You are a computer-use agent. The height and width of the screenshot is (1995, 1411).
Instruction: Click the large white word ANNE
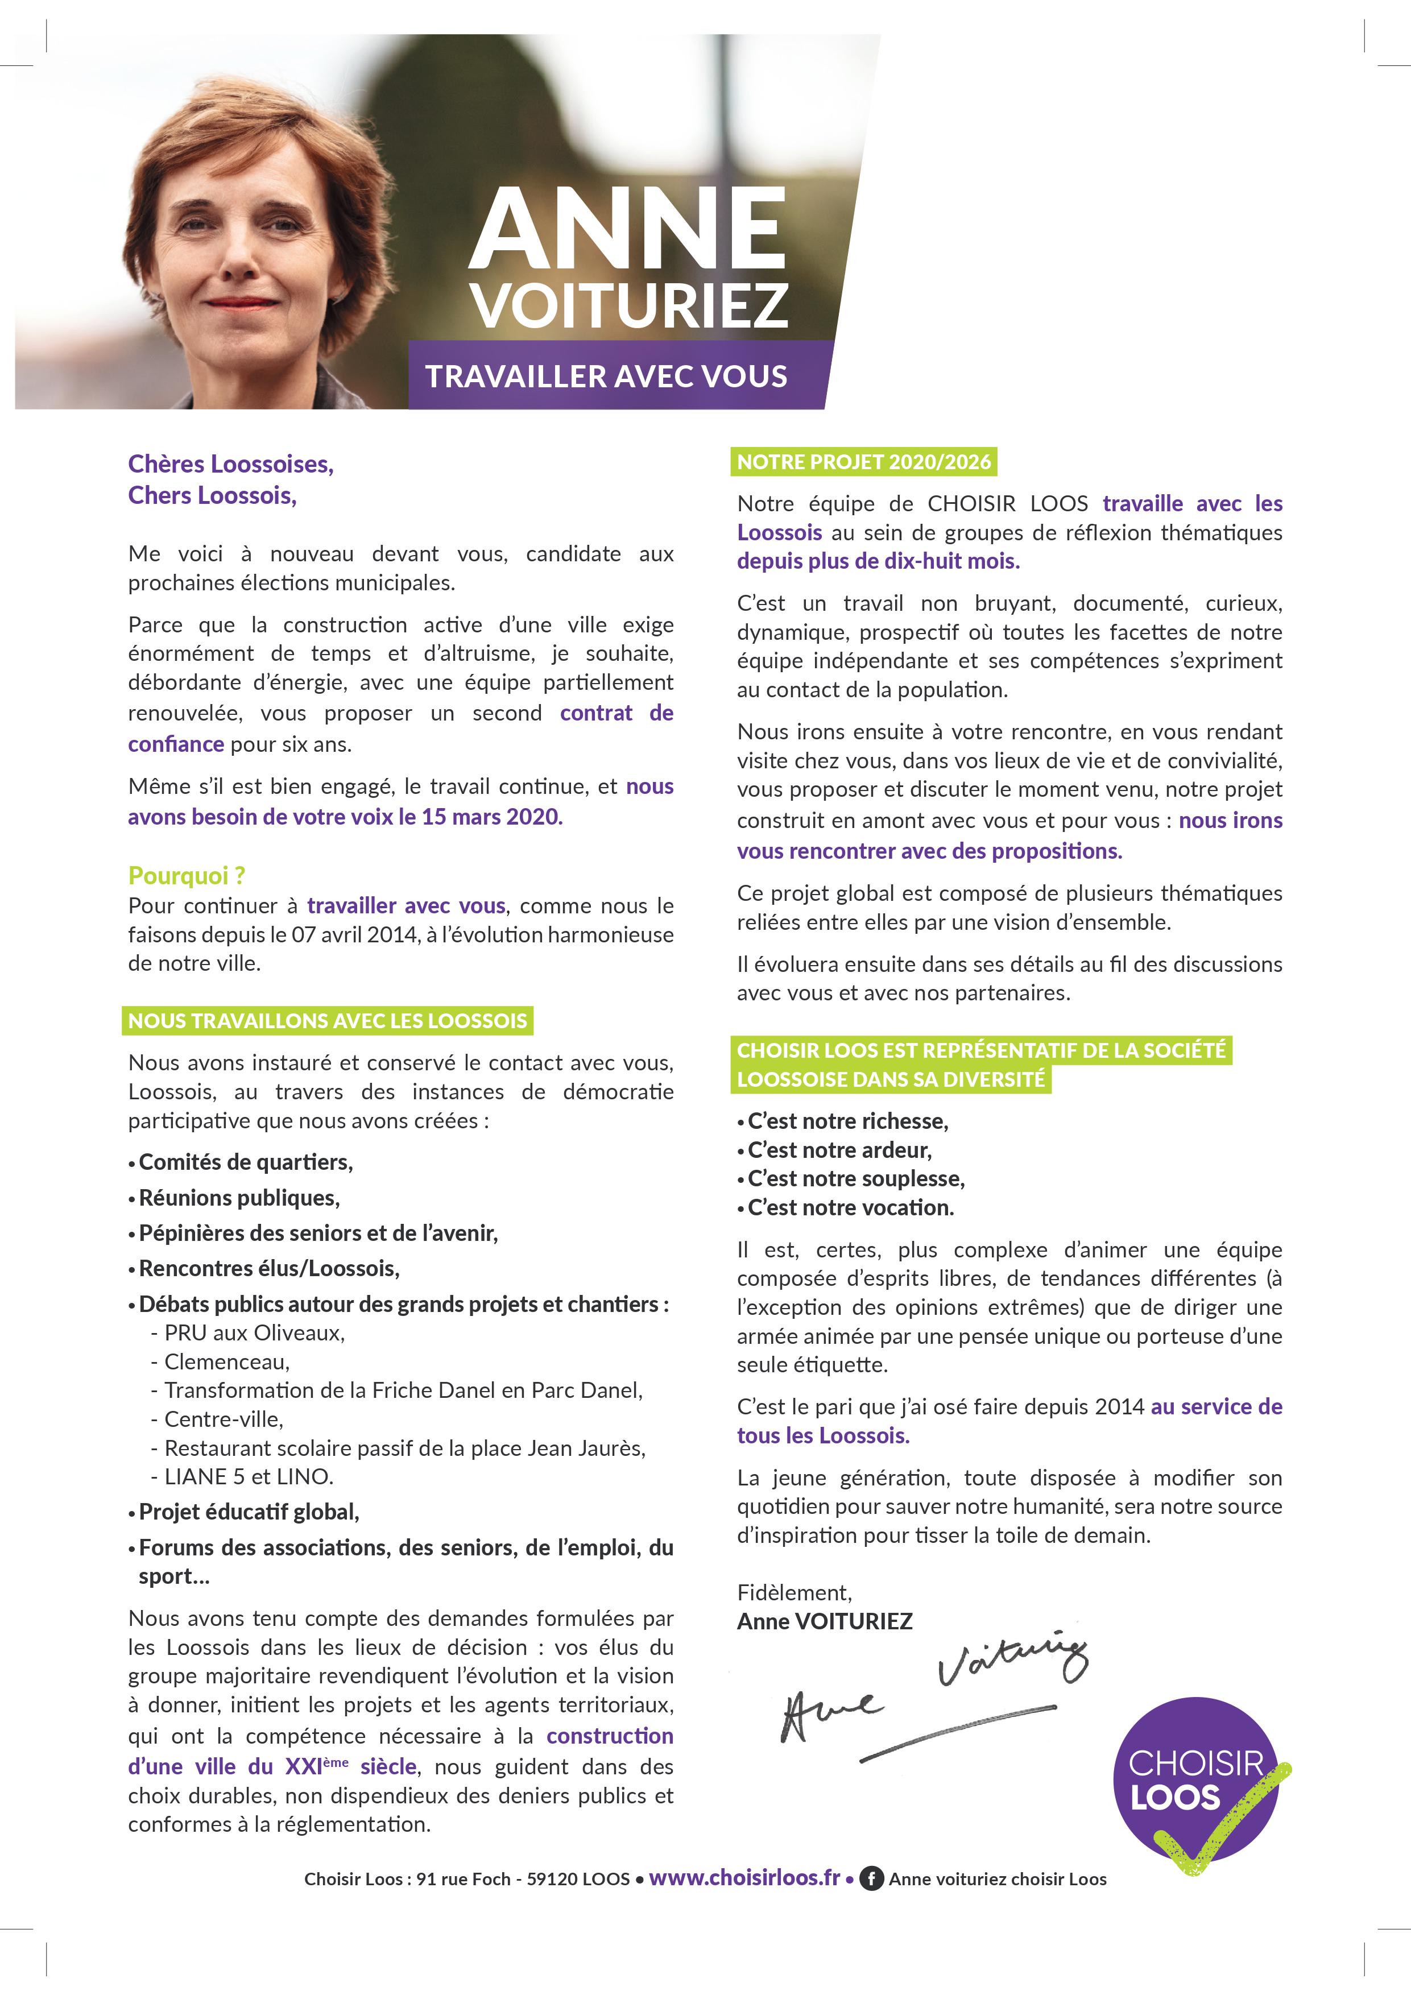coord(627,229)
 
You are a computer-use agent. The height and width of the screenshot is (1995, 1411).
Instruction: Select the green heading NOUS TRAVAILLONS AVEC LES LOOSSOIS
coord(328,1020)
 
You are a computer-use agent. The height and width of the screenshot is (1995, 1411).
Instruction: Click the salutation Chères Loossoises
coord(231,464)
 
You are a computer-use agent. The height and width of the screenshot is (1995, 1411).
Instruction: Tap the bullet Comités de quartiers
coord(245,1162)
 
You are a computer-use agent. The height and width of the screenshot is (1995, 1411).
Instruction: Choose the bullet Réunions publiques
coord(239,1198)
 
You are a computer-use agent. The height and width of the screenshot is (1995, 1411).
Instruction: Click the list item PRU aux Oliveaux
coord(254,1333)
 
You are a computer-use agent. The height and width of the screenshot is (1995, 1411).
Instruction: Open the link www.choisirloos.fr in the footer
coord(744,1878)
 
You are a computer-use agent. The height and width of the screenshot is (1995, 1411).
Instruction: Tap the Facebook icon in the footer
coord(871,1880)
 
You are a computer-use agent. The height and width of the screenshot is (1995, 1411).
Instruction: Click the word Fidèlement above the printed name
coord(794,1593)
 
